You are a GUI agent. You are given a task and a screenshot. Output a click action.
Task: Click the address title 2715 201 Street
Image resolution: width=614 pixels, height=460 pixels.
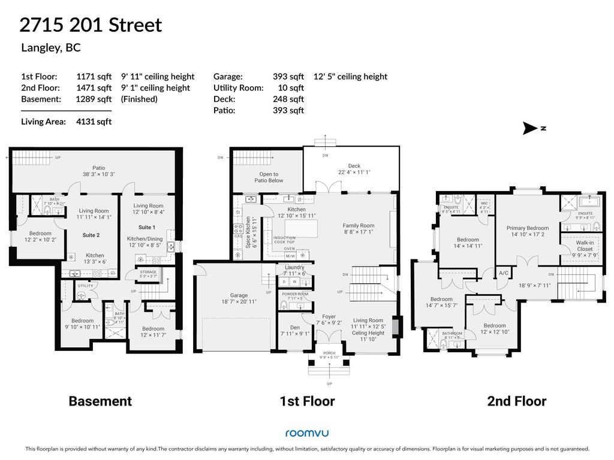click(91, 25)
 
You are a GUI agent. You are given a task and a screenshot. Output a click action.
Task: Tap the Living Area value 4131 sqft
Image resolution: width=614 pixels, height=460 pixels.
click(94, 122)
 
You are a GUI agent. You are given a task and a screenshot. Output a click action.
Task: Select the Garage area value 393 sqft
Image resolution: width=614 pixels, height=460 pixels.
click(288, 77)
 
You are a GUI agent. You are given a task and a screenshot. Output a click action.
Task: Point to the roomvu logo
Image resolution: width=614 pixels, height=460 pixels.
click(306, 433)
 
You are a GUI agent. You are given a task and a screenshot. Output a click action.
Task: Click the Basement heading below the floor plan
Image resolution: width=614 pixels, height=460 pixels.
click(100, 401)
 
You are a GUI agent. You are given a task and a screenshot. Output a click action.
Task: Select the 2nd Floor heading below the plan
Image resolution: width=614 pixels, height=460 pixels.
click(516, 401)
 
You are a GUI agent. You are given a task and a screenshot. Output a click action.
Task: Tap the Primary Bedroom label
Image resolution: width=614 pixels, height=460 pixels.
click(527, 228)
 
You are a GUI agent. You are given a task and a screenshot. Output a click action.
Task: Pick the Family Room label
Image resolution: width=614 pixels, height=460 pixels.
click(359, 226)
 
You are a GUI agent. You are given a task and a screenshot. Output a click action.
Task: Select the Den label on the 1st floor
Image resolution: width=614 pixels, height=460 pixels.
click(294, 328)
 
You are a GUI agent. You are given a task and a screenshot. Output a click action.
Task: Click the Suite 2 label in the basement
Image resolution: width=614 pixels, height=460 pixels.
click(91, 235)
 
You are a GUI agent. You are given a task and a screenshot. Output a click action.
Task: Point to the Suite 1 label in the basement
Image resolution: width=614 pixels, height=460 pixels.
click(147, 228)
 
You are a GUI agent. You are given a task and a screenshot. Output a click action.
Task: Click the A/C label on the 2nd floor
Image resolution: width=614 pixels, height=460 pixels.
click(504, 273)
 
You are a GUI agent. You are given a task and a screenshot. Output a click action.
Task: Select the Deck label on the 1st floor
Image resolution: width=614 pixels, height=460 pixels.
click(354, 166)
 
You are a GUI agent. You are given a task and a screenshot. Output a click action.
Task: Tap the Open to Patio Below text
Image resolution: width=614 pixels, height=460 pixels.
click(268, 177)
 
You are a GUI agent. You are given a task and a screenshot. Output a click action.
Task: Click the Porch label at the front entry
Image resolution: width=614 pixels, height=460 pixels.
click(329, 353)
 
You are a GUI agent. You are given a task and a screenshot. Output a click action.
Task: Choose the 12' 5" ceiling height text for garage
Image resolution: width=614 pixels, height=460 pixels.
click(350, 77)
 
